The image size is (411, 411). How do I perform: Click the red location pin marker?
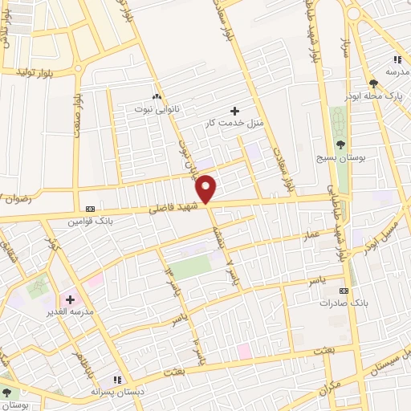pyautogui.click(x=207, y=189)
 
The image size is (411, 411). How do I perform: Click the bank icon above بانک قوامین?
pyautogui.click(x=89, y=207)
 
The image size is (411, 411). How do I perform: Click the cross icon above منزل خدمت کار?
pyautogui.click(x=234, y=111)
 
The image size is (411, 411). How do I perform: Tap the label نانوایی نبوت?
pyautogui.click(x=158, y=107)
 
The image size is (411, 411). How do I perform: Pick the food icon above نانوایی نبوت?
pyautogui.click(x=157, y=95)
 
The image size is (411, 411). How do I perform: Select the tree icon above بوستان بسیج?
pyautogui.click(x=341, y=144)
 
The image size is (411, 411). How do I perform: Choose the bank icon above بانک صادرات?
pyautogui.click(x=344, y=291)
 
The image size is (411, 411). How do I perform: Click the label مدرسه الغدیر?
pyautogui.click(x=71, y=311)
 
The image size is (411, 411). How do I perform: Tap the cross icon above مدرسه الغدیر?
pyautogui.click(x=70, y=299)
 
